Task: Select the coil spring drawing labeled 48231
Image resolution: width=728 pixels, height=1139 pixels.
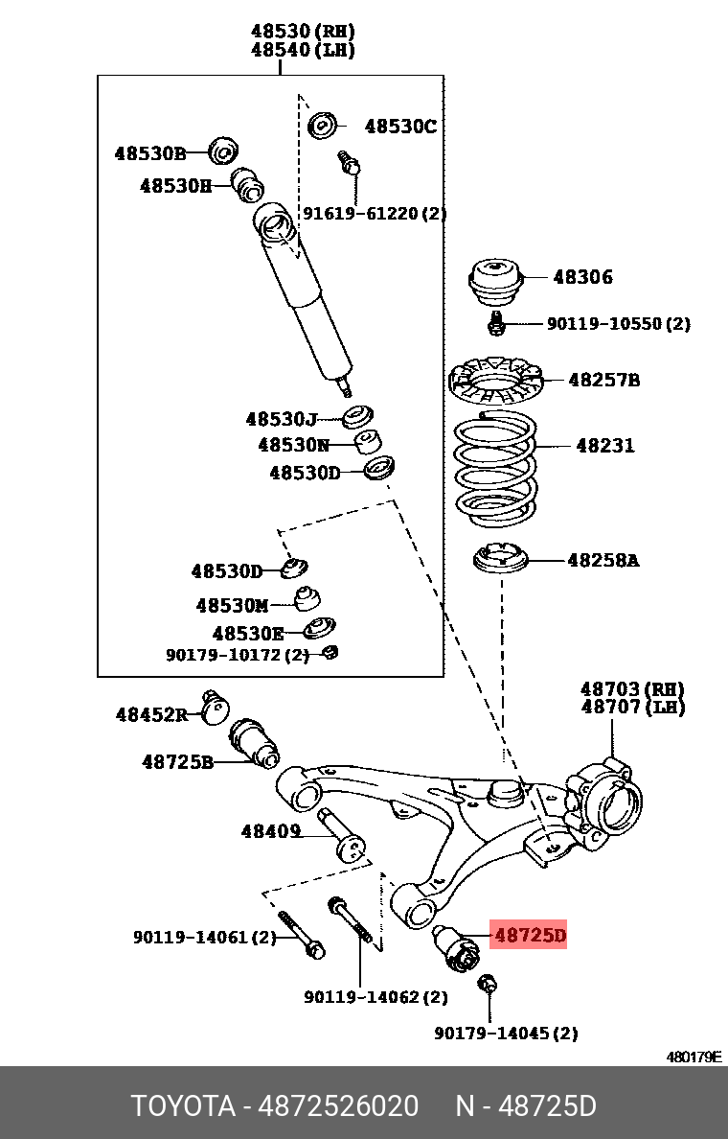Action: (494, 464)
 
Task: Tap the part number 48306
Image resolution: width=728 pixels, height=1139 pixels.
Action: (582, 277)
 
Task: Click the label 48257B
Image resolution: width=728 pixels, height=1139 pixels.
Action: (603, 380)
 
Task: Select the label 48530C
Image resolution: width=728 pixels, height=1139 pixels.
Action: (399, 126)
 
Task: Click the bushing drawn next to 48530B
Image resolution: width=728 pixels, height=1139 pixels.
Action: (224, 151)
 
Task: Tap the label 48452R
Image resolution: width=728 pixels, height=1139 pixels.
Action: (151, 714)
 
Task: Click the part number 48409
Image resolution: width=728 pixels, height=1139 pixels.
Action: (271, 831)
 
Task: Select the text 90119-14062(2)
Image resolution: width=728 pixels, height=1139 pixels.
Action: (375, 997)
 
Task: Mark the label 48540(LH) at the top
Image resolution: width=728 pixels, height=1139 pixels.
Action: (303, 51)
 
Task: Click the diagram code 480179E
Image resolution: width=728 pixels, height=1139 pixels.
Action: (694, 1057)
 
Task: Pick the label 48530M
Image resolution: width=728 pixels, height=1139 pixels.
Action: (232, 606)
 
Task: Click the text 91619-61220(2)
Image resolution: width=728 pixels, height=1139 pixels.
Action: (375, 213)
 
